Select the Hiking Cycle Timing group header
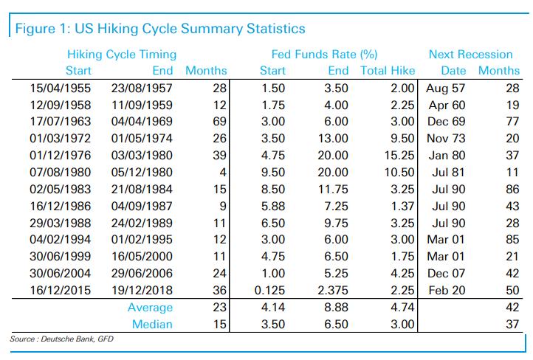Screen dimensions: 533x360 tap(122, 55)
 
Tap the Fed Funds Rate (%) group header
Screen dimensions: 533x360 tap(324, 55)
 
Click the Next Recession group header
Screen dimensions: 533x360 tap(470, 55)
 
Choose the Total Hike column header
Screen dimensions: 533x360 tap(388, 71)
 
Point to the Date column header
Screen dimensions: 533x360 tap(453, 71)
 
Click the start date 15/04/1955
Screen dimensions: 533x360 tap(61, 89)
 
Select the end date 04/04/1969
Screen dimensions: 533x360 tap(142, 122)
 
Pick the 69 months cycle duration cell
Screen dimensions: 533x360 tap(219, 122)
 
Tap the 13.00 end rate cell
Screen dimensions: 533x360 tap(333, 139)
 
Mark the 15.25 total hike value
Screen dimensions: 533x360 tap(399, 156)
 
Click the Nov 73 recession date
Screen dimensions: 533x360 tap(446, 139)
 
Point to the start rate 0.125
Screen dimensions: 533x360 tap(269, 291)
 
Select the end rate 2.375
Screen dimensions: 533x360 tap(333, 291)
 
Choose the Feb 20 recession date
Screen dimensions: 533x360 tap(447, 291)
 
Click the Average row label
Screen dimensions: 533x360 tap(150, 308)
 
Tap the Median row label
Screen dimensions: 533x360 tap(152, 325)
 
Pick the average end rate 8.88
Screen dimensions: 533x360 tap(336, 308)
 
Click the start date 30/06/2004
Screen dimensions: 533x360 tap(61, 274)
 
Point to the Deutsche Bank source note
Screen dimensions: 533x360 tap(61, 339)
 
